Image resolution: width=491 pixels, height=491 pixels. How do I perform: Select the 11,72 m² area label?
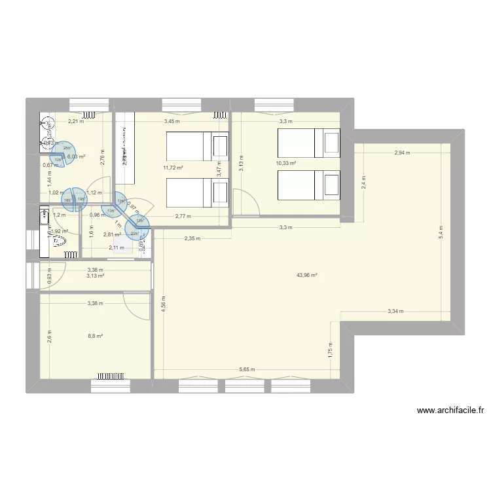173,168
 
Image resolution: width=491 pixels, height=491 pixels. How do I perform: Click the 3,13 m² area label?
95,276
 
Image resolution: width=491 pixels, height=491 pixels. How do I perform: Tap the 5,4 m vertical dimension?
441,232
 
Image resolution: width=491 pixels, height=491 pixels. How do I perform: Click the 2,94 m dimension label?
402,153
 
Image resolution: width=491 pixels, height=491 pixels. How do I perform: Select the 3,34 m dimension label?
395,312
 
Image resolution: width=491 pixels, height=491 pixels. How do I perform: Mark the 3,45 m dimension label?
172,122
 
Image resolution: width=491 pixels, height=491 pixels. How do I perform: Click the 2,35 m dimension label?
192,238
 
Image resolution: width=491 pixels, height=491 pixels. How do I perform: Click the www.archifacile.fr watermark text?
451,411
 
